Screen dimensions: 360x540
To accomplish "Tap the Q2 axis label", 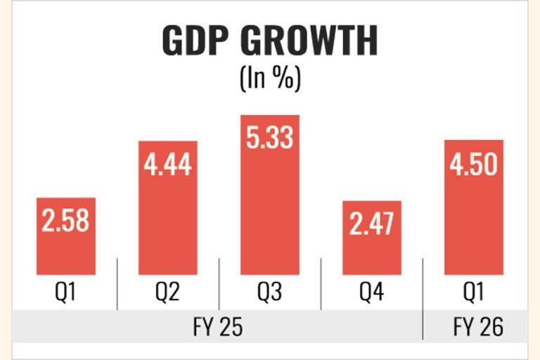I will click(x=168, y=291).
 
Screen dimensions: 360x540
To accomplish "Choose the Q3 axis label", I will click(x=270, y=291).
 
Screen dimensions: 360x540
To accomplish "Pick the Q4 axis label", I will click(x=372, y=291).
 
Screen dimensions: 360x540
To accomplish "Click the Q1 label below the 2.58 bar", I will click(x=65, y=291).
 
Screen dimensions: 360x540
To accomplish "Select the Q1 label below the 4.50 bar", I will click(x=474, y=291).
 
